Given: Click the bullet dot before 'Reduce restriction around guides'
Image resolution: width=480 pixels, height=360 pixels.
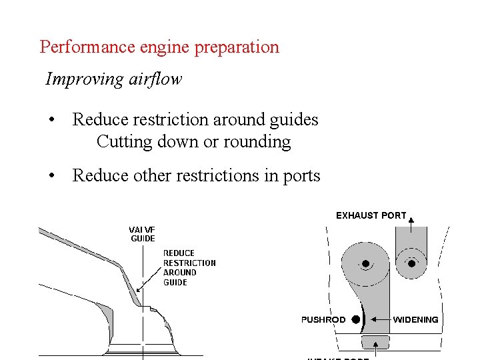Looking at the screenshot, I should (51, 121).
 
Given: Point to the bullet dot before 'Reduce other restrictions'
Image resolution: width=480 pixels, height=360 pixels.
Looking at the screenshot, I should (51, 177).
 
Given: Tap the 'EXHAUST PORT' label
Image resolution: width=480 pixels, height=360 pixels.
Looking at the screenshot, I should (371, 215).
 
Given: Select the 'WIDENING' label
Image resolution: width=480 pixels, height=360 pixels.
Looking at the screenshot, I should (415, 320).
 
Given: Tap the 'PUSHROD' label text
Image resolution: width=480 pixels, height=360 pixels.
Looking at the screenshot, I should (323, 320).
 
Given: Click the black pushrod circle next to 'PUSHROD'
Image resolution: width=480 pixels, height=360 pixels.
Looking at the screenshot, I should (355, 319).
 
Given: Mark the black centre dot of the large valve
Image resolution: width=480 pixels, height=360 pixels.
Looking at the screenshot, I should (365, 264).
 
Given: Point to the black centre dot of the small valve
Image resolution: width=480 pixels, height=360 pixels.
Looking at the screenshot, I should (411, 264).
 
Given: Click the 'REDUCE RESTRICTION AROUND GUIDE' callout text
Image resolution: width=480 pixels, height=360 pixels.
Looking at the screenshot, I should (189, 267).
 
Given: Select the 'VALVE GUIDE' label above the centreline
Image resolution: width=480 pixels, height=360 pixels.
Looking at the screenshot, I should (142, 233).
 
